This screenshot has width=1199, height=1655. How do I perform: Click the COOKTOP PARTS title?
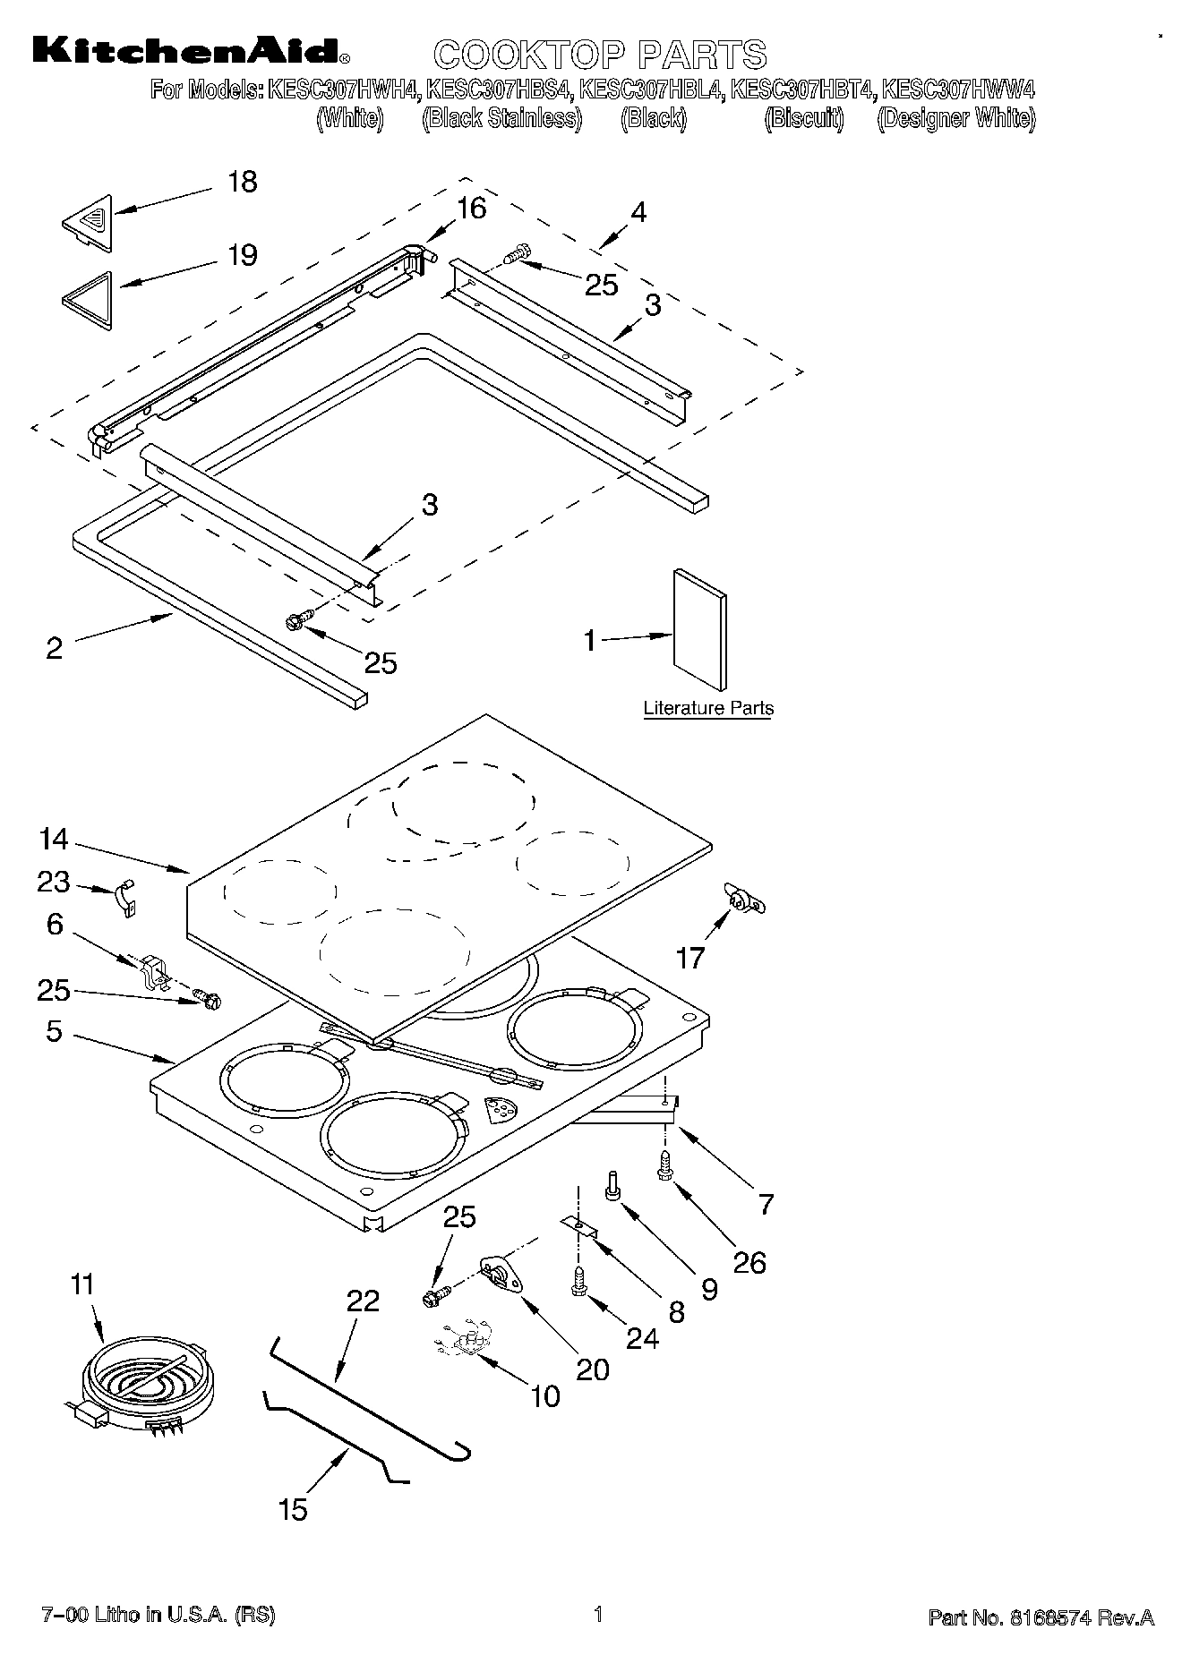[x=600, y=55]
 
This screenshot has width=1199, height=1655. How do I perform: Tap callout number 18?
[x=242, y=182]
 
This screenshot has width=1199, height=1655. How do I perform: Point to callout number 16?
[x=471, y=209]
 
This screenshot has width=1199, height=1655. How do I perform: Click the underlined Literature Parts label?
[x=708, y=709]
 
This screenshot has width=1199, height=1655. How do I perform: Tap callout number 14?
[x=54, y=839]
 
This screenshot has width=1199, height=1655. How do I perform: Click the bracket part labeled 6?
[x=155, y=972]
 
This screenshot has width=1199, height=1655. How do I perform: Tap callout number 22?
[x=363, y=1301]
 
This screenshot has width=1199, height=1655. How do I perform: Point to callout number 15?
[x=293, y=1509]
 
